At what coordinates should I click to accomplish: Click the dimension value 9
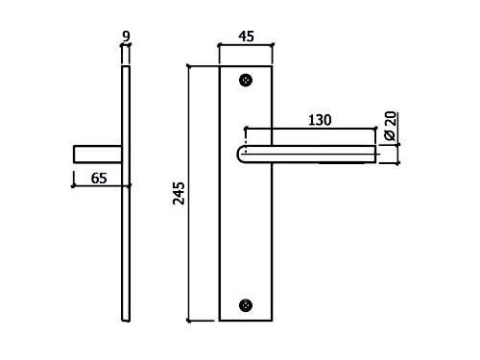coord(127,36)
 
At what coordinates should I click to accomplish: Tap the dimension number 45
coord(246,36)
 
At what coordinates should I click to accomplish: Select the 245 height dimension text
coord(179,193)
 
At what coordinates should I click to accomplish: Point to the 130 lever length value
coord(320,120)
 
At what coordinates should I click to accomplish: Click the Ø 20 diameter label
coord(391,126)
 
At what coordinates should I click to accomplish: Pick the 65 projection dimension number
coord(99,179)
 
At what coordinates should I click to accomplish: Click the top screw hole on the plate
coord(246,81)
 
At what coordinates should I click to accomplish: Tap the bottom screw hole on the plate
coord(246,305)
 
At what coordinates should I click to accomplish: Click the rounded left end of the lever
coord(239,155)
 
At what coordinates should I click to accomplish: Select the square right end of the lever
coord(376,155)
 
